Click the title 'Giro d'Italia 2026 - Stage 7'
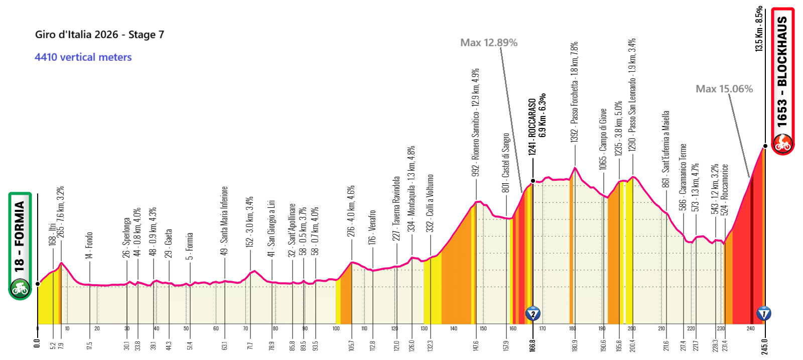99,35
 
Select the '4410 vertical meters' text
83,57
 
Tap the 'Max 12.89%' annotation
489,43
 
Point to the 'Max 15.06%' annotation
724,89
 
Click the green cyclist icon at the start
20,288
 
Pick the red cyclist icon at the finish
782,144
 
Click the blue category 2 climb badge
532,314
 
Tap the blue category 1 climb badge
764,314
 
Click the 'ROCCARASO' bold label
532,126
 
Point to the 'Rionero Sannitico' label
476,122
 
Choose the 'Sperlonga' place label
126,237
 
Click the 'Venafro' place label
372,227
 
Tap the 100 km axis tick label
336,329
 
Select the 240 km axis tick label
750,329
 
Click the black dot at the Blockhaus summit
765,146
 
